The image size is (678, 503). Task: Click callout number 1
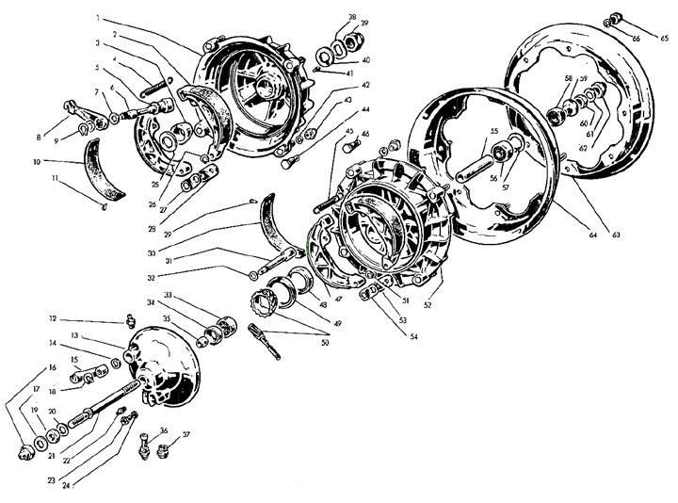[98, 19]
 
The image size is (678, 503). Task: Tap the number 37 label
[186, 434]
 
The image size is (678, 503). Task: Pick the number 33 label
[193, 295]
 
